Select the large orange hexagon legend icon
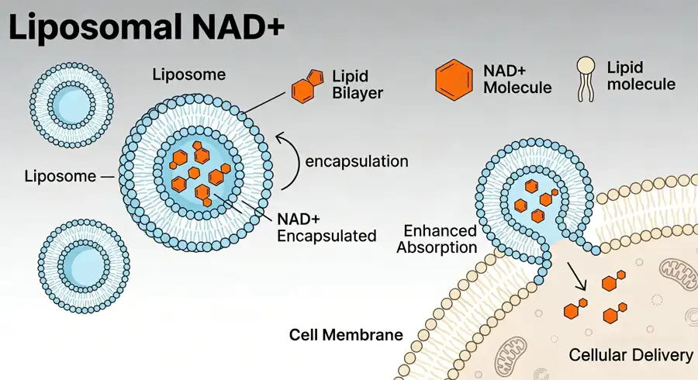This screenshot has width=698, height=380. pyautogui.click(x=454, y=78)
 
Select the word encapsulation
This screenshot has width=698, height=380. pyautogui.click(x=357, y=162)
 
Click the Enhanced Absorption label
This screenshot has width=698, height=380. pyautogui.click(x=441, y=240)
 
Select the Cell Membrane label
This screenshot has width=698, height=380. pyautogui.click(x=346, y=335)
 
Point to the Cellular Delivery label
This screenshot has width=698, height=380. pyautogui.click(x=631, y=355)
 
